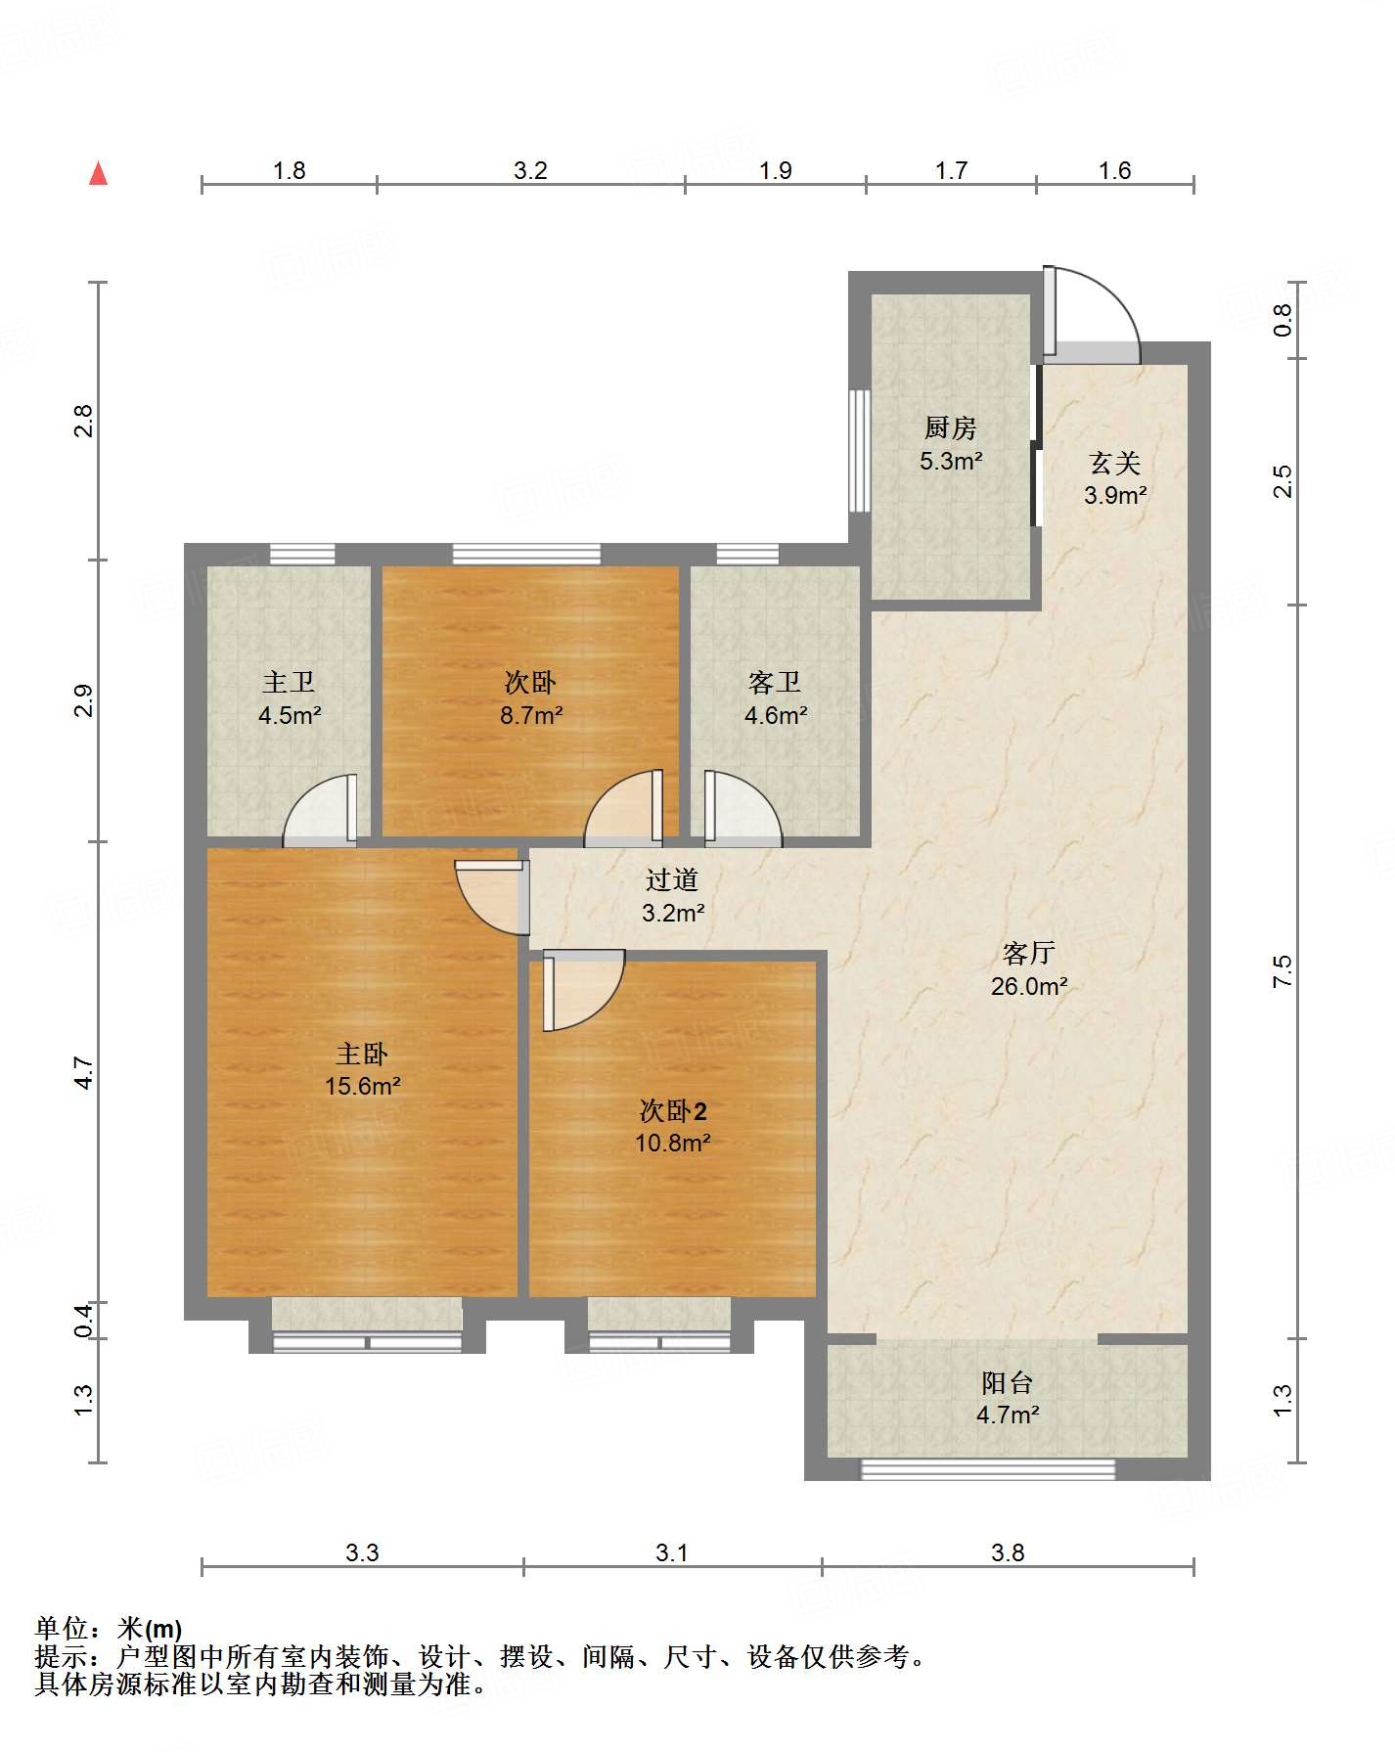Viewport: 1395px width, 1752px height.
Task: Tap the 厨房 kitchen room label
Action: tap(950, 427)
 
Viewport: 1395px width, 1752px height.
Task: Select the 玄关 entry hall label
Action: tap(1115, 462)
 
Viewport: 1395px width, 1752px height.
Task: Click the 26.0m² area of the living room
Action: tap(1028, 986)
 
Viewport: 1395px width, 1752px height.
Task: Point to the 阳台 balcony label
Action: tap(1007, 1382)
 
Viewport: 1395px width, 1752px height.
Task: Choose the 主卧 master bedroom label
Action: tap(362, 1054)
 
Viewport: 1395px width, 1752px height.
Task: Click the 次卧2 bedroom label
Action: tap(673, 1110)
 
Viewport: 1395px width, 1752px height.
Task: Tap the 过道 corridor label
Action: tap(672, 879)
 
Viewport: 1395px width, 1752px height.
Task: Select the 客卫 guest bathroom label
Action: tap(775, 682)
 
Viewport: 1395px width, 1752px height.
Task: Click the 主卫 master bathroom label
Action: tap(289, 682)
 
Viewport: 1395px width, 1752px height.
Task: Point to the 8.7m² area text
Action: tap(531, 715)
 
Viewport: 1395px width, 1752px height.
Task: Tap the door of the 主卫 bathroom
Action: tap(320, 809)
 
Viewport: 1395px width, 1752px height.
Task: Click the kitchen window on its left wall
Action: tap(859, 451)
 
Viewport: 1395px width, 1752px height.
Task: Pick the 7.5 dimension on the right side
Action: tap(1282, 970)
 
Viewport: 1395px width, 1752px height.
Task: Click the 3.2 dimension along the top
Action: tap(530, 171)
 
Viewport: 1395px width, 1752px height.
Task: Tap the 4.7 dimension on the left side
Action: tap(84, 1072)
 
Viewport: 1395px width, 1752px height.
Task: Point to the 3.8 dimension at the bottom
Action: tap(1008, 1552)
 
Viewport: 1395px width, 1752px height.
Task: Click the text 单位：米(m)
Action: tap(109, 1629)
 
